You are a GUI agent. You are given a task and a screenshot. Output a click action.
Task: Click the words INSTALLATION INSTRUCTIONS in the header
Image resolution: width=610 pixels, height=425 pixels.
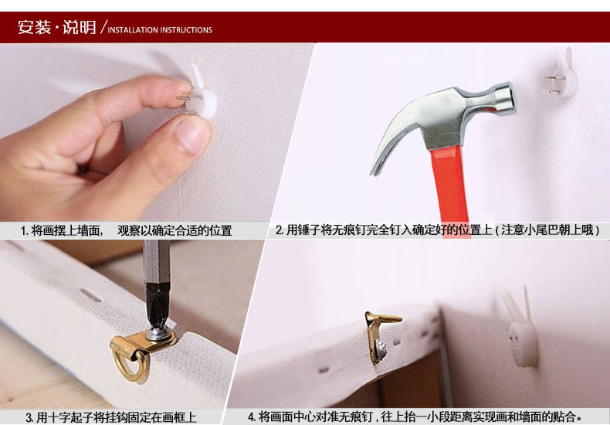(160, 30)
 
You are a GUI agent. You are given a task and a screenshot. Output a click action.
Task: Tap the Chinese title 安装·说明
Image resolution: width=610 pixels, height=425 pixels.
(57, 27)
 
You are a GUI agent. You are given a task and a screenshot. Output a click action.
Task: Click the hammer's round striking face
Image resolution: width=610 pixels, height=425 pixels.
(509, 98)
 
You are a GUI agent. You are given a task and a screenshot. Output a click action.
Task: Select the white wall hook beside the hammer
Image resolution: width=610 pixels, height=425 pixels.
(561, 75)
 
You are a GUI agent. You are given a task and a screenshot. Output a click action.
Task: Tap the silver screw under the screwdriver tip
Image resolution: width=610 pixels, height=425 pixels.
(159, 333)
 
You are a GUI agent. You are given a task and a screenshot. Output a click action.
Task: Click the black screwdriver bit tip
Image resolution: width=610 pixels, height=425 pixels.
(158, 308)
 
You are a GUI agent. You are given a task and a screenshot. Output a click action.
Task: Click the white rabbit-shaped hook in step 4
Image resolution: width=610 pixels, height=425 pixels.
(521, 331)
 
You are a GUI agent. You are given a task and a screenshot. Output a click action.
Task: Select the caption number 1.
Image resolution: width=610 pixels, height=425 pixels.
(23, 231)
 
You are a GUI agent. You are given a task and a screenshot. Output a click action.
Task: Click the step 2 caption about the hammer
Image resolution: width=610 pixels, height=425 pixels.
(437, 230)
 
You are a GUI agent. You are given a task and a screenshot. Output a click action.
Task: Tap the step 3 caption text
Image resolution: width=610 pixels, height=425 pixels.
(111, 417)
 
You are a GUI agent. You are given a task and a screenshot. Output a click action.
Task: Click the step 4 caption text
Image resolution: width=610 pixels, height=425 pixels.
(415, 417)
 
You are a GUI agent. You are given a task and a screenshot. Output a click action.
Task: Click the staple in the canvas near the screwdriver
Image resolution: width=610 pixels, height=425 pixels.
(90, 295)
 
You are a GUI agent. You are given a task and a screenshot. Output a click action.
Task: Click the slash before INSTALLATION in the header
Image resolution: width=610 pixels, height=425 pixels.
(103, 26)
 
